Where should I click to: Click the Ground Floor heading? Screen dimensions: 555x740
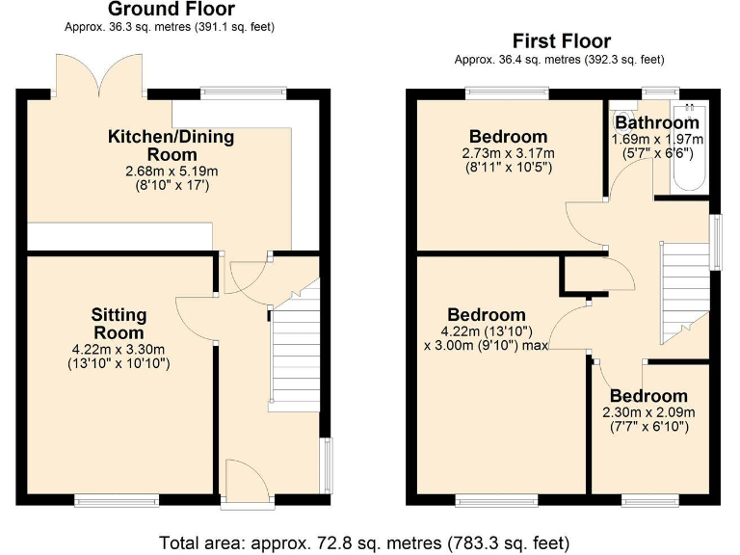coord(171,10)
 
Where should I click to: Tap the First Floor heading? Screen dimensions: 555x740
coord(561,40)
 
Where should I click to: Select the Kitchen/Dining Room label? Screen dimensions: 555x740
coord(171,145)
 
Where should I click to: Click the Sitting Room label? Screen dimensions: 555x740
coord(119,324)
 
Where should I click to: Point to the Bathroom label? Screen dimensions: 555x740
coord(657,122)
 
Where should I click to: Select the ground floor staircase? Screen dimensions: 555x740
coord(294,357)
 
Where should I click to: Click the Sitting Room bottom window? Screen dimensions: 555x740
coord(118,500)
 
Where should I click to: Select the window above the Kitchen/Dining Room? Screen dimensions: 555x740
coord(244,92)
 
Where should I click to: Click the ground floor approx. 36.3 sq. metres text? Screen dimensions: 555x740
coord(170,27)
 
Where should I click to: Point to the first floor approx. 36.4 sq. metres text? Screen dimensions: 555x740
coord(560,59)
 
